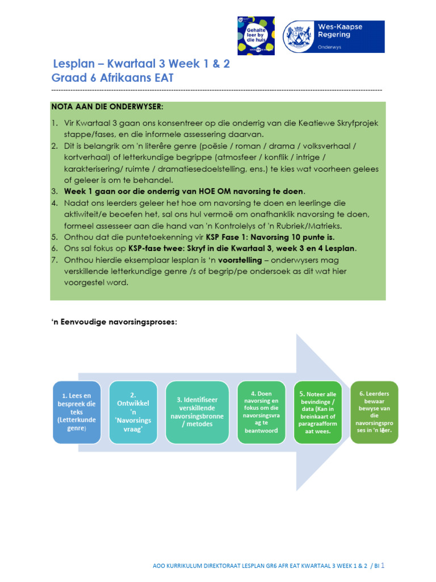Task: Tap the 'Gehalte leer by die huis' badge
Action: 255,35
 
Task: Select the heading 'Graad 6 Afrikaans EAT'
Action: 112,78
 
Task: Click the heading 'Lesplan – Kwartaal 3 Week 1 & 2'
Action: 141,64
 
